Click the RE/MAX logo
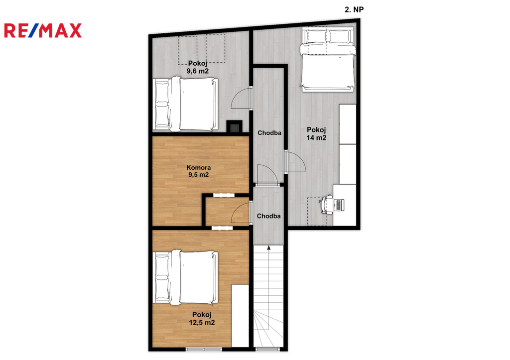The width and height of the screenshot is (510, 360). point(43,30)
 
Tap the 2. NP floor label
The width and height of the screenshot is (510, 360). point(354,10)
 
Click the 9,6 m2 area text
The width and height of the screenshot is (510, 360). point(198,71)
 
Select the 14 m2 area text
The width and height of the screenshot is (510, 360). point(316,137)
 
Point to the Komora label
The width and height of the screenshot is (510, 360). point(198,167)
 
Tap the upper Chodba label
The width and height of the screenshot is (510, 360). point(269,132)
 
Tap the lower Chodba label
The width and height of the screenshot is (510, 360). point(268,216)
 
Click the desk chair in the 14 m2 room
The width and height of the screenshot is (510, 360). point(327,205)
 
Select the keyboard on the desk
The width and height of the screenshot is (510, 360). point(339,205)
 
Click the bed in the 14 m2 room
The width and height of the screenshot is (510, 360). point(328,60)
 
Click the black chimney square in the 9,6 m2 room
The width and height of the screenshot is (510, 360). point(234,126)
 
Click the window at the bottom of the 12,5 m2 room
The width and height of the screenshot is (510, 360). point(204,349)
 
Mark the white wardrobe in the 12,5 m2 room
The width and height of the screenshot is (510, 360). point(240,316)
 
